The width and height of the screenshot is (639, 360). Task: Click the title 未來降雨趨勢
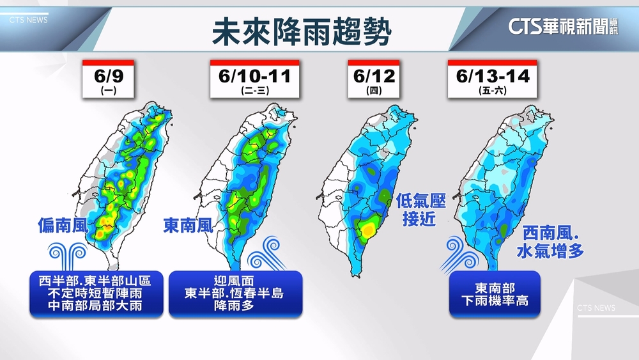click(x=301, y=29)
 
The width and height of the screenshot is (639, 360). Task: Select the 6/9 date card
click(x=108, y=79)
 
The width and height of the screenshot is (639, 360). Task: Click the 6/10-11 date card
click(x=254, y=79)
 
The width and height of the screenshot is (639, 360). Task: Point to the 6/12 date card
click(x=374, y=79)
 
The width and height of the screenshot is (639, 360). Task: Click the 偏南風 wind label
click(x=62, y=225)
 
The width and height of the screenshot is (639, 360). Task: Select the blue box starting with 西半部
click(x=96, y=293)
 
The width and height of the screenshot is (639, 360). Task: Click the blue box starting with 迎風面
click(x=235, y=293)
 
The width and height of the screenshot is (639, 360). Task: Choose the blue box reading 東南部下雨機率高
click(x=495, y=293)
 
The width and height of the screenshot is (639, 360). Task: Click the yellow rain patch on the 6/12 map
click(x=367, y=228)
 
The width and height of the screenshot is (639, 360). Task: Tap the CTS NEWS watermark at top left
click(x=28, y=20)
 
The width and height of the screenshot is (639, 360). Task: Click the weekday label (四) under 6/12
click(x=374, y=91)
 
